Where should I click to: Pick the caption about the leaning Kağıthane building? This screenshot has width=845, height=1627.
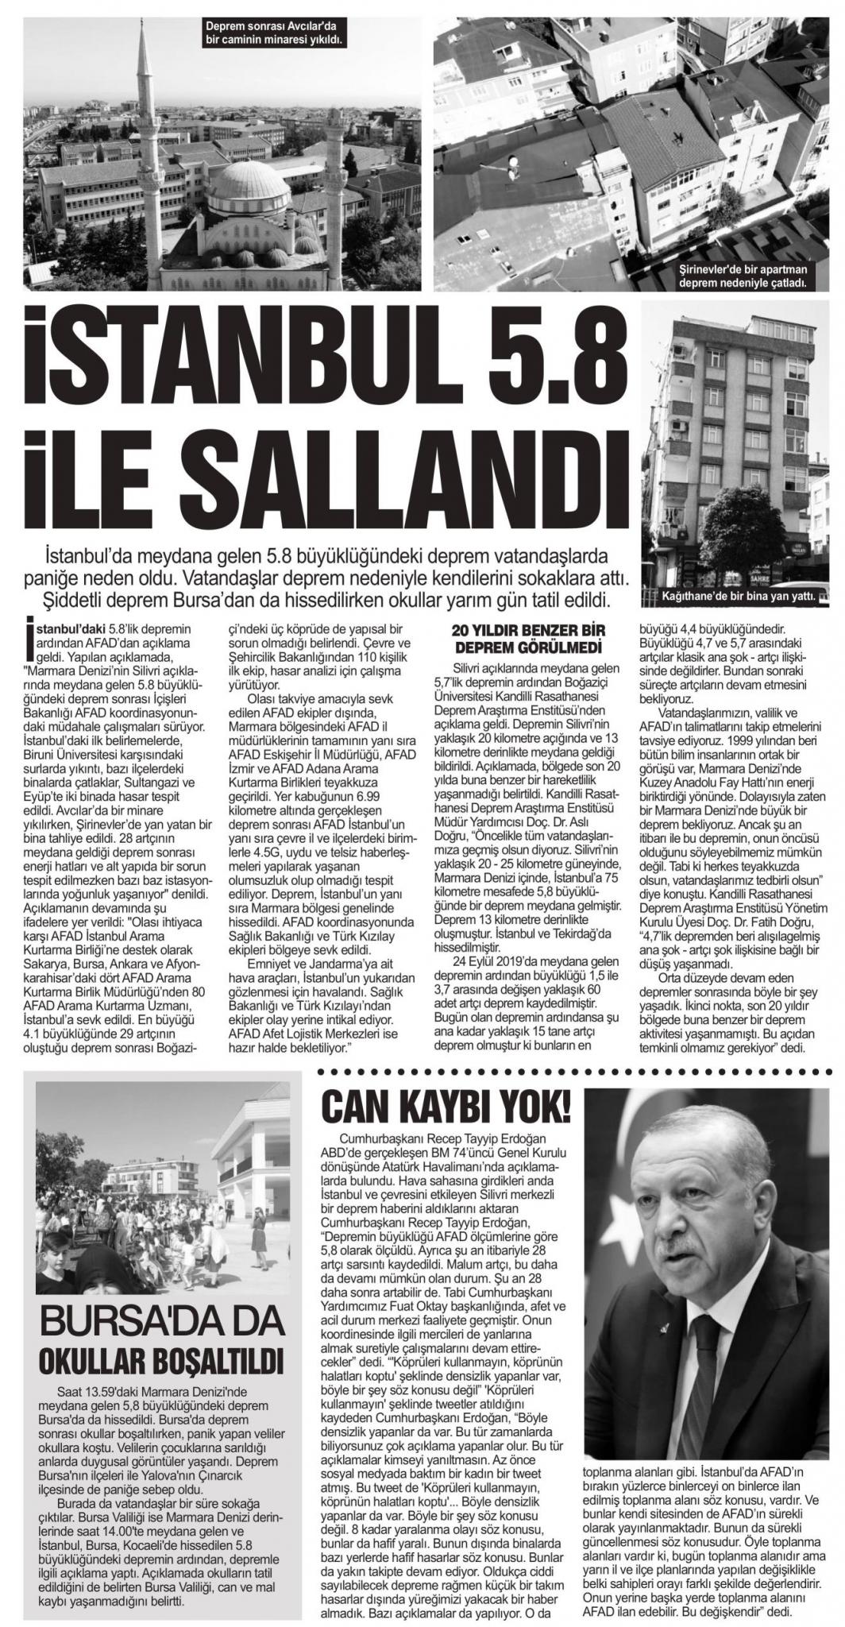click(743, 595)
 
